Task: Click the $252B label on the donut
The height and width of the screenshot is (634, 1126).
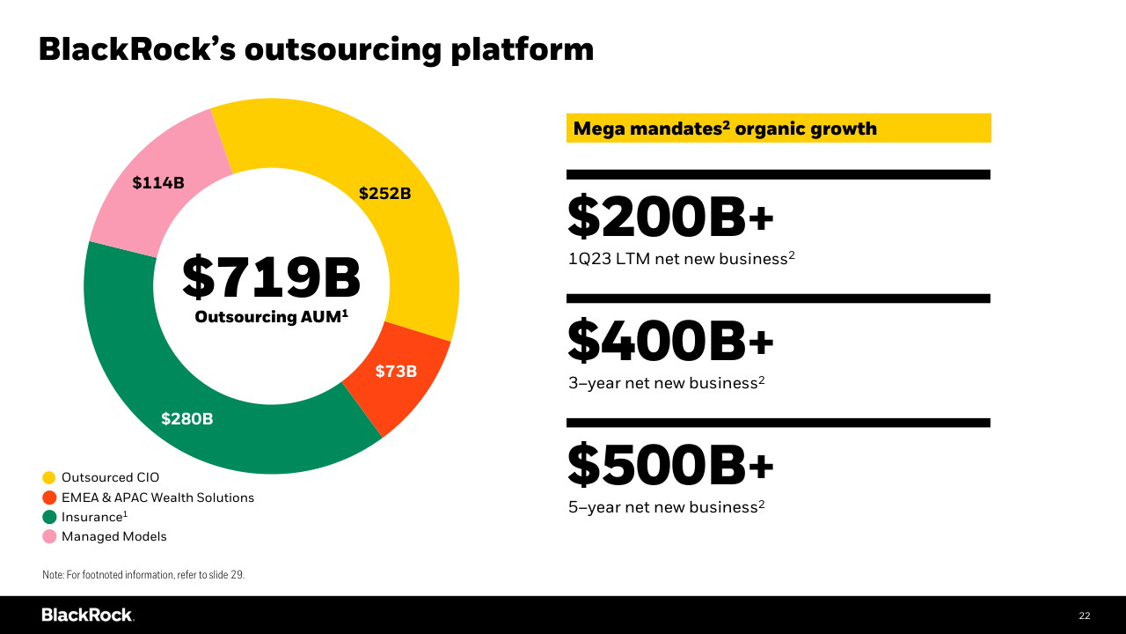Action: tap(384, 194)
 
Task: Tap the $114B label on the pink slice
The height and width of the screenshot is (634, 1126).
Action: tap(158, 183)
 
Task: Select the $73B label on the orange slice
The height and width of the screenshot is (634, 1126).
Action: tap(396, 372)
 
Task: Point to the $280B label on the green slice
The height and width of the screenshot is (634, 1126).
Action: tap(186, 419)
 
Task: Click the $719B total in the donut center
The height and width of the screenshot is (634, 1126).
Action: tap(271, 276)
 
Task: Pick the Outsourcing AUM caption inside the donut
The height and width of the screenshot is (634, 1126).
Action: tap(271, 316)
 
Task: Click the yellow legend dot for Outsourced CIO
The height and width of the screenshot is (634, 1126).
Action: tap(49, 477)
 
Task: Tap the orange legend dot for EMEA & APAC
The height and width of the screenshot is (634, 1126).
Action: tap(49, 498)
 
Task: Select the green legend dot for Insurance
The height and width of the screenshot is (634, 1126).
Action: tap(49, 517)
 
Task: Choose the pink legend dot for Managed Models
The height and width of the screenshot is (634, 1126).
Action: tap(49, 536)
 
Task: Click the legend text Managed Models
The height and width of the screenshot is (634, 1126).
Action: tap(113, 536)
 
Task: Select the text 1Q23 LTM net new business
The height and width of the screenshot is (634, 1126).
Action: tap(678, 259)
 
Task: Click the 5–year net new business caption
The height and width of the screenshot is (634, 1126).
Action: tap(663, 507)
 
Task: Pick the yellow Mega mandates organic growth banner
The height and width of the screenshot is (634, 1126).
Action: tap(779, 129)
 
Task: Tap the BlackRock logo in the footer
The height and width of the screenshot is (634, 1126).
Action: tap(87, 615)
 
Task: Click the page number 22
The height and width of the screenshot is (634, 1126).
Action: tap(1084, 616)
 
